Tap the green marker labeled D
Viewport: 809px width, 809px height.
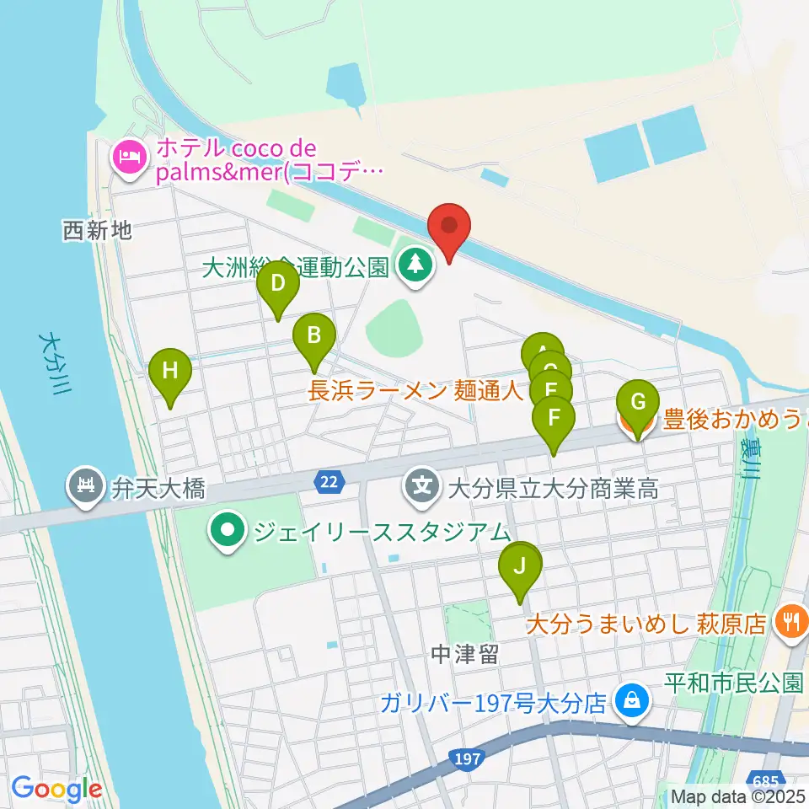pos(278,284)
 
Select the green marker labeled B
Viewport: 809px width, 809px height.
pos(313,337)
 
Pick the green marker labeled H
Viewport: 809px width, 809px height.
pos(170,372)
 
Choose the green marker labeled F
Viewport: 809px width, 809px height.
pos(554,419)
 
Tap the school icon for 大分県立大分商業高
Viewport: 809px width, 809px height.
pos(420,486)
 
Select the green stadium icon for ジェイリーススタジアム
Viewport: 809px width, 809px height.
pos(228,531)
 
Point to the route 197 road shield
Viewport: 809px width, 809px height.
pos(465,759)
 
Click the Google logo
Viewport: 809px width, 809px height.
pos(56,789)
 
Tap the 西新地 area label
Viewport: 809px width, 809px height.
pos(98,229)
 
